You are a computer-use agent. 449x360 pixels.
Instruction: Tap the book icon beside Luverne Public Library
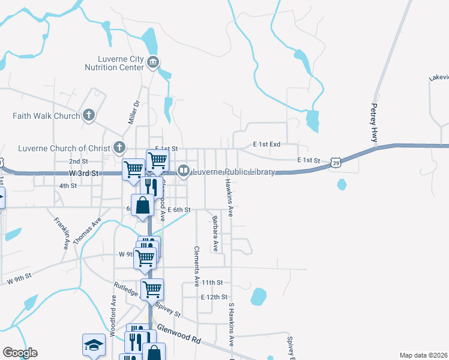184,172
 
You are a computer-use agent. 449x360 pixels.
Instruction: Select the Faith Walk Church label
46,116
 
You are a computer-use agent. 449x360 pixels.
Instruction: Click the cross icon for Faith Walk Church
89,115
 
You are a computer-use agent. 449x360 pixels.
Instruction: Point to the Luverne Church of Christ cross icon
119,148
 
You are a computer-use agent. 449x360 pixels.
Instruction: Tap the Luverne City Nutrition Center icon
152,62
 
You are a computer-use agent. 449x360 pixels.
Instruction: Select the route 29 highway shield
337,163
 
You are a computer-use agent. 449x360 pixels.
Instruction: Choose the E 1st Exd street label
267,145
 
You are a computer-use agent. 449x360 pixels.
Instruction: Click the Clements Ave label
196,265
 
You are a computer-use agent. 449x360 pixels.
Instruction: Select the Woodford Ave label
112,314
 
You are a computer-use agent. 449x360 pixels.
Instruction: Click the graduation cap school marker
93,344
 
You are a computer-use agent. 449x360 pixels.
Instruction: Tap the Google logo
20,353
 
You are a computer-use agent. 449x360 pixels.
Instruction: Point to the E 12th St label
214,297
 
